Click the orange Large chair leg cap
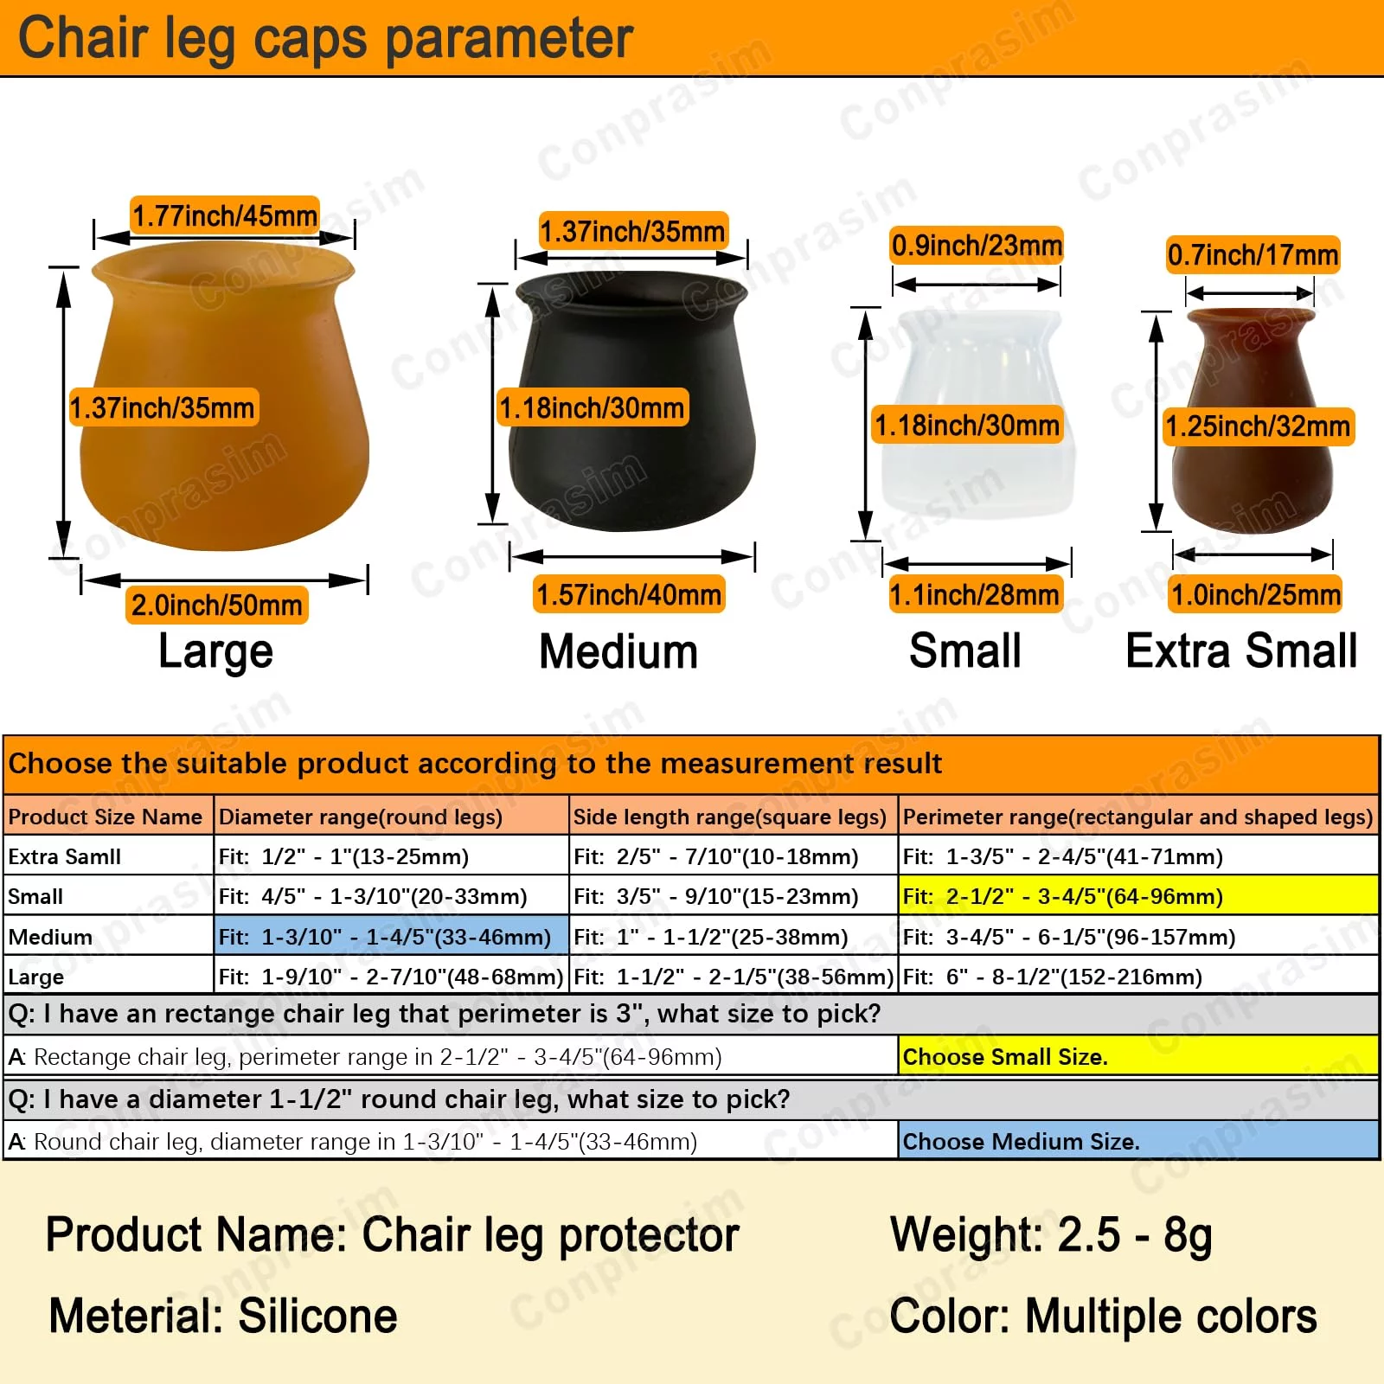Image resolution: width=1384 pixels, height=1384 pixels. [225, 398]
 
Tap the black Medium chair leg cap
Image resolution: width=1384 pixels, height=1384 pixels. [632, 401]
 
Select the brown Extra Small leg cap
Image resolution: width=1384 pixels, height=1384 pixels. [1253, 420]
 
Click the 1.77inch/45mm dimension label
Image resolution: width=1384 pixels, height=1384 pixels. [225, 215]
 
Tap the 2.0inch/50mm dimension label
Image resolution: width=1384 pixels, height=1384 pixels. [217, 605]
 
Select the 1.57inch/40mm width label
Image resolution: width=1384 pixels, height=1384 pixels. [629, 595]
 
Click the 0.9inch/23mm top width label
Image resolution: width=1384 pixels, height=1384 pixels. [977, 246]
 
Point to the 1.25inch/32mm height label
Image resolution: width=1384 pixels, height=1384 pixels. [1258, 426]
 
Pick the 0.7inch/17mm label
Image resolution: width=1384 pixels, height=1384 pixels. [1253, 255]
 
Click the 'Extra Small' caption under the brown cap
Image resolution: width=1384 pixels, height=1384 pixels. [1241, 650]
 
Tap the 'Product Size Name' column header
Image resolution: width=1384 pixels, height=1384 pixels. [106, 817]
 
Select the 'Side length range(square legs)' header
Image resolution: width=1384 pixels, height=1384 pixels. [730, 817]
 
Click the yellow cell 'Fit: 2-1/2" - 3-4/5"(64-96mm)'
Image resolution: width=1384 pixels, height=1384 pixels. [1138, 896]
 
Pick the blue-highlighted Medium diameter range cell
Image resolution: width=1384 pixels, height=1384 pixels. [392, 937]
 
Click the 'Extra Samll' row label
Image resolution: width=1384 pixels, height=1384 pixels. [65, 856]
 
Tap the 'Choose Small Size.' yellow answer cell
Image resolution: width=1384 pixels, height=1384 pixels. [1138, 1056]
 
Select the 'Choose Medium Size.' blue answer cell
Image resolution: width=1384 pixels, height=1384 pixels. [1138, 1141]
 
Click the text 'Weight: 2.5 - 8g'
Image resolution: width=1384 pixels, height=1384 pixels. [1051, 1235]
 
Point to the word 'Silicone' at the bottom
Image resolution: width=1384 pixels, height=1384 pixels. [317, 1316]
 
